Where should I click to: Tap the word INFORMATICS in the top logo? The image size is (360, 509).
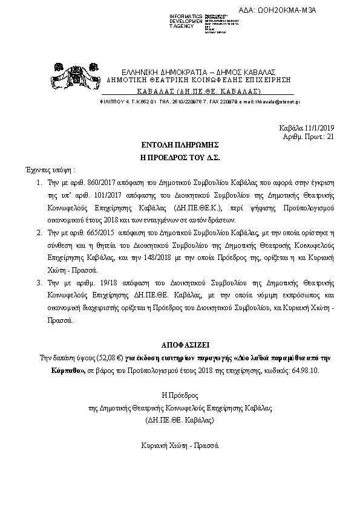click(186, 15)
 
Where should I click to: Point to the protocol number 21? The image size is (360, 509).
click(330, 137)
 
